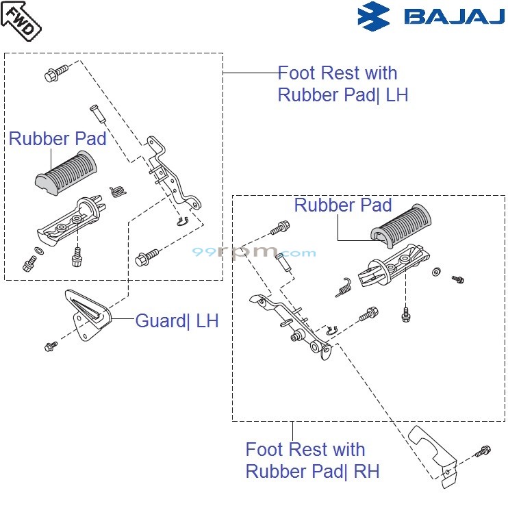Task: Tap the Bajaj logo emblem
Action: tap(373, 16)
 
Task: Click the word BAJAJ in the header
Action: tap(453, 16)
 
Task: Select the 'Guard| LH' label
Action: tap(177, 320)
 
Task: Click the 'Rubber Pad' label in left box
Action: tap(58, 139)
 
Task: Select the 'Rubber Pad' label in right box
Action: tap(342, 205)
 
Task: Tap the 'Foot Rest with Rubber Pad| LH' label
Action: tap(342, 84)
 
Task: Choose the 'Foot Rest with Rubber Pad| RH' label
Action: tap(312, 460)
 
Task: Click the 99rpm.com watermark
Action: tap(253, 253)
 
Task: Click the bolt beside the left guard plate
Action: tap(51, 347)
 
